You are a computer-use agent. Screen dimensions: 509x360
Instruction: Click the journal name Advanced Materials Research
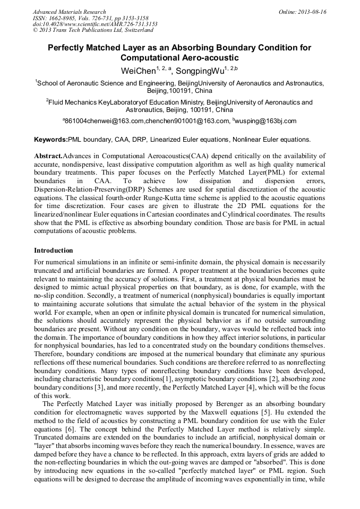click(70, 12)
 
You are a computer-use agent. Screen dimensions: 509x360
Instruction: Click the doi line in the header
click(95, 24)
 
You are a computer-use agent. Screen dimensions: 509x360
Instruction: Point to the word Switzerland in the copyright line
click(135, 31)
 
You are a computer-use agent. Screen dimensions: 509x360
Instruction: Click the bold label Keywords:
click(51, 140)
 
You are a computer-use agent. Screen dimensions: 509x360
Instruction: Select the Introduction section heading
click(54, 250)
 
